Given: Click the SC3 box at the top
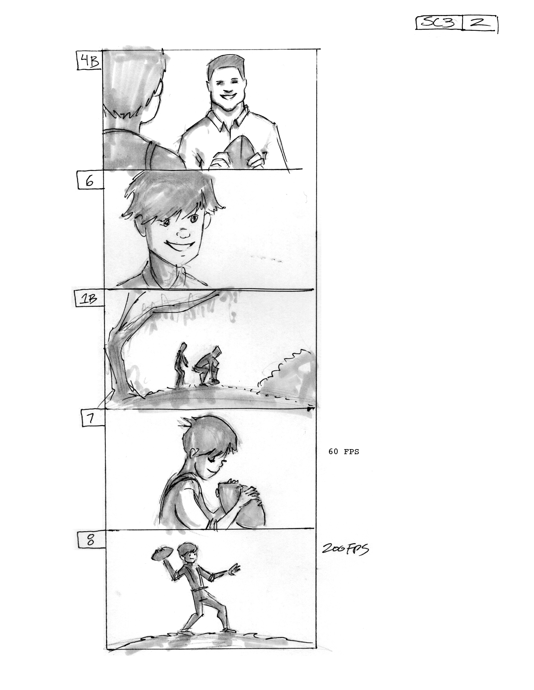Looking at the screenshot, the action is click(x=439, y=23).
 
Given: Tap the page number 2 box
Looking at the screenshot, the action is click(x=480, y=23).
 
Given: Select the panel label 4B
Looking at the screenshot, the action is click(x=89, y=61).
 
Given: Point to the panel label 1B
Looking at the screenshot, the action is click(x=89, y=299).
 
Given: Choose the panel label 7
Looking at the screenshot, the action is click(x=92, y=418).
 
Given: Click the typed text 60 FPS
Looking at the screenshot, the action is click(x=344, y=452).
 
